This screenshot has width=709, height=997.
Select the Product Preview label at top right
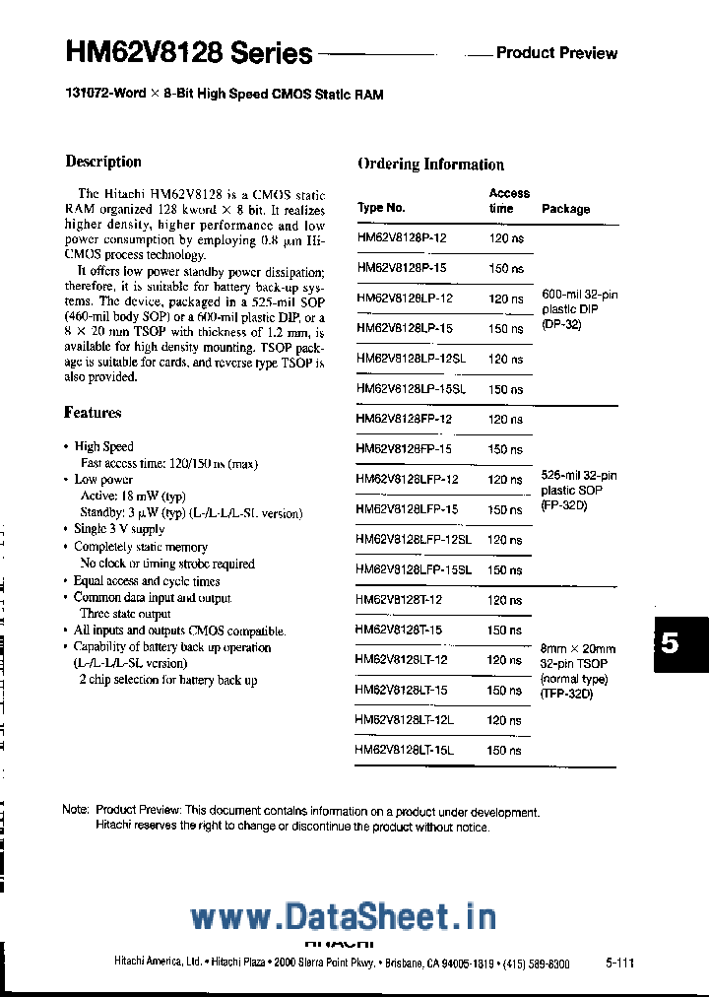556,52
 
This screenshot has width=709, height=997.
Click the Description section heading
103,162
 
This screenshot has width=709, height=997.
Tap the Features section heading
93,413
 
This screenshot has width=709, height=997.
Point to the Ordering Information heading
430,165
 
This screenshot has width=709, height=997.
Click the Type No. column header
381,208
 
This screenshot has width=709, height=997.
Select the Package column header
565,209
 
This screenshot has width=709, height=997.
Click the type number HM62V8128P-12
402,238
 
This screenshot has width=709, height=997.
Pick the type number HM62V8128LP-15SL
411,389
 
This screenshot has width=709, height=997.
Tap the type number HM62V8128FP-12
404,420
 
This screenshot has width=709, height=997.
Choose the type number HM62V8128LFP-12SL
413,540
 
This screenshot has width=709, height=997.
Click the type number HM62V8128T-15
399,631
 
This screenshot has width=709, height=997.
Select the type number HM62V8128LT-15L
404,751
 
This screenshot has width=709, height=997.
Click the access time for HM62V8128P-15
506,269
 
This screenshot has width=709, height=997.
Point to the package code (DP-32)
561,325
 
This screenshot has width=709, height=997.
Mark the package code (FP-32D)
563,505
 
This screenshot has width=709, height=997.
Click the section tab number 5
671,644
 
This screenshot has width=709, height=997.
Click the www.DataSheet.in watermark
343,918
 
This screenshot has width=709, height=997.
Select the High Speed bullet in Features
103,447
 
